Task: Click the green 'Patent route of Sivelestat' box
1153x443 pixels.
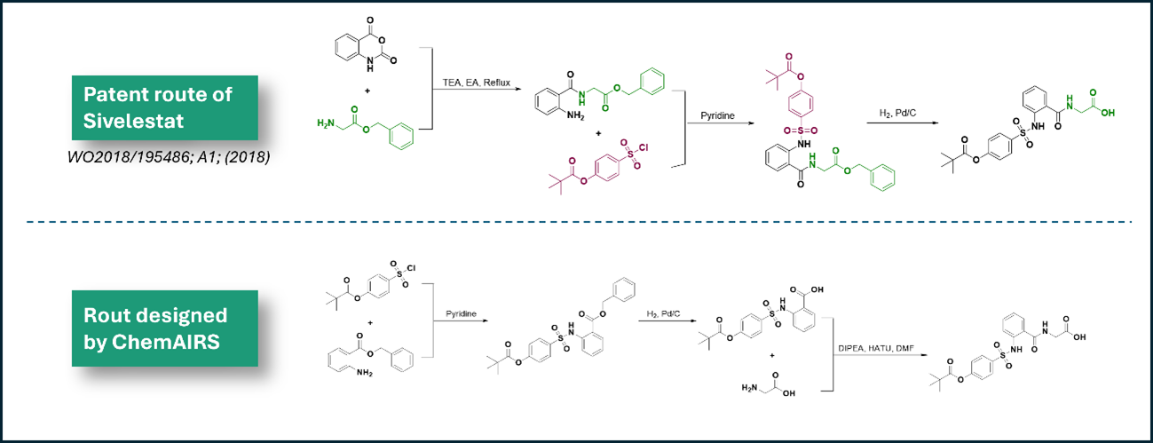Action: pos(165,107)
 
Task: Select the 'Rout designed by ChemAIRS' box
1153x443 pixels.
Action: pos(165,328)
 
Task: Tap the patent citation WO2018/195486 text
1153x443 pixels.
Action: pos(169,156)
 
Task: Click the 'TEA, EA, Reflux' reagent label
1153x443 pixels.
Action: pos(476,83)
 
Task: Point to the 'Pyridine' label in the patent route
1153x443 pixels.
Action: pos(717,116)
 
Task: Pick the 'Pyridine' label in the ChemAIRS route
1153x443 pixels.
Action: pos(461,313)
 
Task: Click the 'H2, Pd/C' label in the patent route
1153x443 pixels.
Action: pos(897,113)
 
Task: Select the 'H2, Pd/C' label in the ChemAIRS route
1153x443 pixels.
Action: pos(663,313)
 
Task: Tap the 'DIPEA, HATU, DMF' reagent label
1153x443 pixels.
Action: pos(875,348)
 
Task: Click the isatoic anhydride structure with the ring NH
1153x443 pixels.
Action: pos(366,45)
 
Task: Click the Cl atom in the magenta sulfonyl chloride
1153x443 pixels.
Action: pos(643,148)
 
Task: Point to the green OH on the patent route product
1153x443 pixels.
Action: pos(1108,113)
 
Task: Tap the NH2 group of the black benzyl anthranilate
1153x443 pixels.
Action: pos(365,373)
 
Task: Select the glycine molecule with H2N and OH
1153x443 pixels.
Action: pos(768,384)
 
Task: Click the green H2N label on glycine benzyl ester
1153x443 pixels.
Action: pos(326,123)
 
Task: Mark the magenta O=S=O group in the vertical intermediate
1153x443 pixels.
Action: pos(801,131)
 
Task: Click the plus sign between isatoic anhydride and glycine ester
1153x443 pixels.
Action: pos(367,91)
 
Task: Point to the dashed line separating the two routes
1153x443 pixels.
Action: pos(579,222)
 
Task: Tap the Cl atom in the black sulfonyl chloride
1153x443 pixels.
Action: pos(411,268)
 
